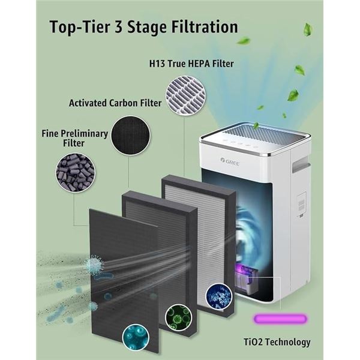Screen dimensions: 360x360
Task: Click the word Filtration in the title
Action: (x=203, y=27)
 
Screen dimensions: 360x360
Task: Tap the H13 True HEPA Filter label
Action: (x=191, y=63)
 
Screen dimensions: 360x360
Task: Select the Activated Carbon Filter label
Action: (x=115, y=103)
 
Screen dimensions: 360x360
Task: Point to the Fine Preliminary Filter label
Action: (x=75, y=137)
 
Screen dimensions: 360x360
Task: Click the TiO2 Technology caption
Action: (x=281, y=342)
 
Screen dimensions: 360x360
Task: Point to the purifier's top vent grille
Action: (x=254, y=133)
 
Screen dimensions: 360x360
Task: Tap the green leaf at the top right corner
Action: (x=308, y=29)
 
